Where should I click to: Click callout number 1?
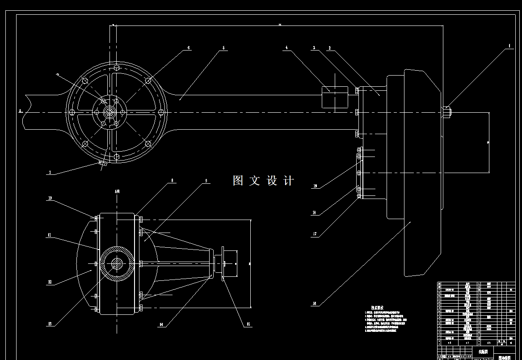click(x=509, y=45)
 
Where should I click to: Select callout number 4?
click(x=286, y=47)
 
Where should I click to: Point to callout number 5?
click(x=223, y=47)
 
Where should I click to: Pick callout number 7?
click(x=50, y=173)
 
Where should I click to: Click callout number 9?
click(x=206, y=181)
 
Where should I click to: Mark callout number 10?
click(x=50, y=198)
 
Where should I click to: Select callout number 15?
click(x=244, y=325)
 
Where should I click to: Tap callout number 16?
click(x=314, y=304)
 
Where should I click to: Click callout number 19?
click(x=315, y=186)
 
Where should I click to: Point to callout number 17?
click(x=315, y=234)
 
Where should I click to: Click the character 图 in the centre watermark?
click(x=238, y=181)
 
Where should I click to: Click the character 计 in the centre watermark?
click(x=289, y=181)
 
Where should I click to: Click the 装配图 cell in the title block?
click(x=483, y=352)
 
